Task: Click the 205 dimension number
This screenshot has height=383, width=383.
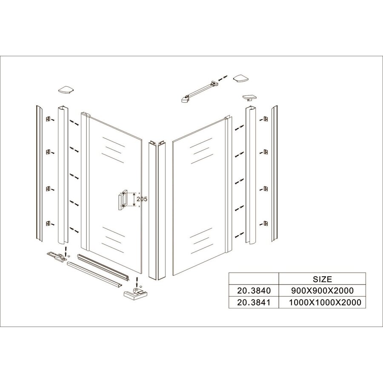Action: pyautogui.click(x=142, y=199)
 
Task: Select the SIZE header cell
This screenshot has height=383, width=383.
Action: pyautogui.click(x=322, y=280)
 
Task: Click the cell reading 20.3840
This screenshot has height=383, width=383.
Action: pyautogui.click(x=253, y=291)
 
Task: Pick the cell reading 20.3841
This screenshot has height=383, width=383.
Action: pyautogui.click(x=253, y=303)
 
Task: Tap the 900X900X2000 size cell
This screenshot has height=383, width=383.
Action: pyautogui.click(x=322, y=291)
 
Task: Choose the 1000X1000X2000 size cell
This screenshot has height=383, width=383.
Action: pyautogui.click(x=322, y=303)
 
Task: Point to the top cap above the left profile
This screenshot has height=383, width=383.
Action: pyautogui.click(x=66, y=90)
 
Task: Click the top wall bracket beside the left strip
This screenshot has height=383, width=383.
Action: pyautogui.click(x=48, y=118)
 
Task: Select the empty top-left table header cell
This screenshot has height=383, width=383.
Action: pyautogui.click(x=253, y=280)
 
